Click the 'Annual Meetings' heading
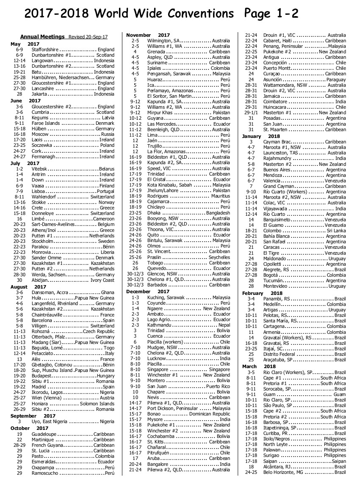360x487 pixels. pyautogui.click(x=42, y=37)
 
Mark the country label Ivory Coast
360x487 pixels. pyautogui.click(x=102, y=281)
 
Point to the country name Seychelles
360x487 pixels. pyautogui.click(x=219, y=257)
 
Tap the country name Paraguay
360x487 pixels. pyautogui.click(x=336, y=80)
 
